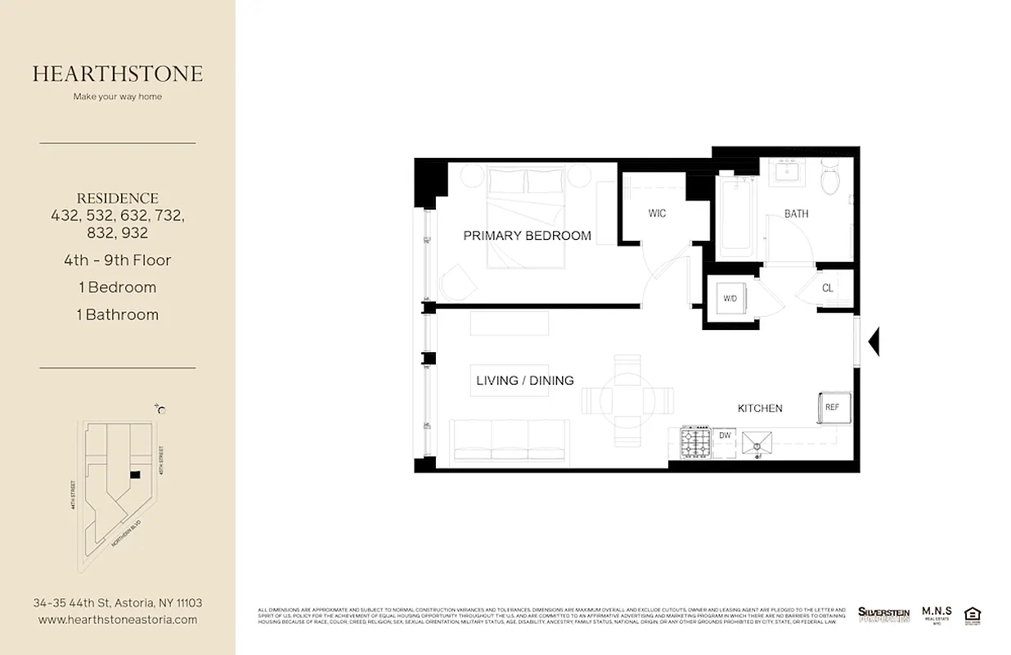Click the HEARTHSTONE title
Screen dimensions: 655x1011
[x=118, y=74]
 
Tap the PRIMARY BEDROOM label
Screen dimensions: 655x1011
[x=527, y=236]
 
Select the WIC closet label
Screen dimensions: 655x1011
[x=657, y=214]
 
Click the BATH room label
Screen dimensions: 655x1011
[x=796, y=214]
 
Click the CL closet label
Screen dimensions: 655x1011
[x=827, y=288]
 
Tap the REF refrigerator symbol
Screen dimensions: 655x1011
[x=832, y=407]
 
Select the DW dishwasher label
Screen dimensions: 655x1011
[x=725, y=436]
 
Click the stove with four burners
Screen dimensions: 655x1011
[x=695, y=445]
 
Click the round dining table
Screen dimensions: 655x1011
[x=627, y=400]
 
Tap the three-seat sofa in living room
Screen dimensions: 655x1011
[x=510, y=440]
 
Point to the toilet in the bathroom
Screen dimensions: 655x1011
[x=830, y=178]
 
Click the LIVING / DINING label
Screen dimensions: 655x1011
[x=524, y=381]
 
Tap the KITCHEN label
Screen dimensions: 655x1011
[x=760, y=408]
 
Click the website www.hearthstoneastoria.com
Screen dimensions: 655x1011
[x=118, y=620]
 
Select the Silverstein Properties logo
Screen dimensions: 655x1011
[x=883, y=614]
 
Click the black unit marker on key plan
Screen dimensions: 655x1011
[x=135, y=474]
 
